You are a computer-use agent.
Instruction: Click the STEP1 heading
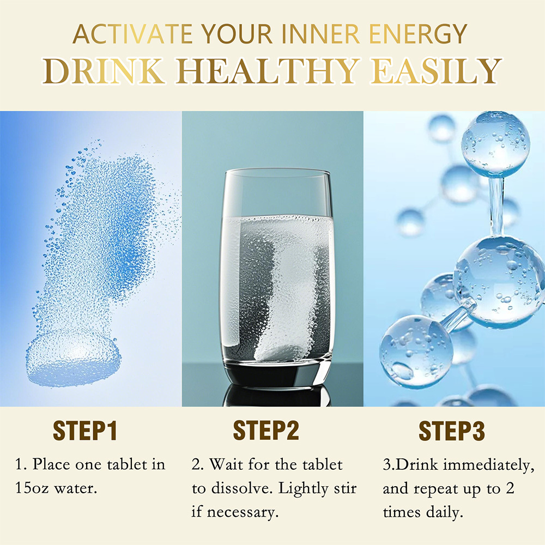[86, 431]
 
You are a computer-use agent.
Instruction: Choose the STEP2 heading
[267, 431]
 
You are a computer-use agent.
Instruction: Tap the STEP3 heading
[452, 431]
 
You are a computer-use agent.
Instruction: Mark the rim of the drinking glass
[277, 173]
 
